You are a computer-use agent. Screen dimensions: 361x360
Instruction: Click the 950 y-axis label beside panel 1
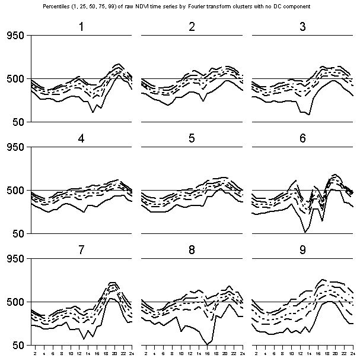(x=15, y=36)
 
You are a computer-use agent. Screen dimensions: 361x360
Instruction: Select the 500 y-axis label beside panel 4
(x=15, y=191)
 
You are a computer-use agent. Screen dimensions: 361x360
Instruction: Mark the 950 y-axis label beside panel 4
(x=15, y=147)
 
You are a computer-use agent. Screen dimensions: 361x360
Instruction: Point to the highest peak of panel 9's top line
(x=323, y=279)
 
